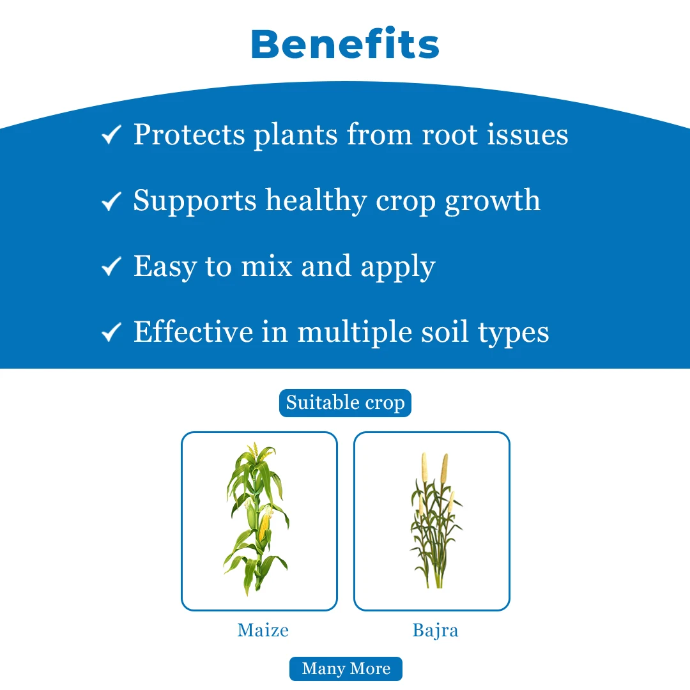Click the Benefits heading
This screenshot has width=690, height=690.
pos(345,44)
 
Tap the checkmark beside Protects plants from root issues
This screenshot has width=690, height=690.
pos(112,135)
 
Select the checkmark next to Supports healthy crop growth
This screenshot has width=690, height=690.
pos(112,201)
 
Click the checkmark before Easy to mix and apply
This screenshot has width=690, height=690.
pos(112,266)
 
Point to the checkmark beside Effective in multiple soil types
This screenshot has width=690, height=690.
pos(112,332)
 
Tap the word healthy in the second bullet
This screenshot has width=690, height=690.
pos(316,201)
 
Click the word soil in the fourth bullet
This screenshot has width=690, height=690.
pos(440,332)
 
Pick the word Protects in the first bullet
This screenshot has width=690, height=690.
pos(189,135)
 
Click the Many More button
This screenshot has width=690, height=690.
pos(346,669)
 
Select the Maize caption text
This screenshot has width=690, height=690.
pos(263,631)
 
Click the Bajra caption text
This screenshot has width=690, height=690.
pos(435,631)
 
